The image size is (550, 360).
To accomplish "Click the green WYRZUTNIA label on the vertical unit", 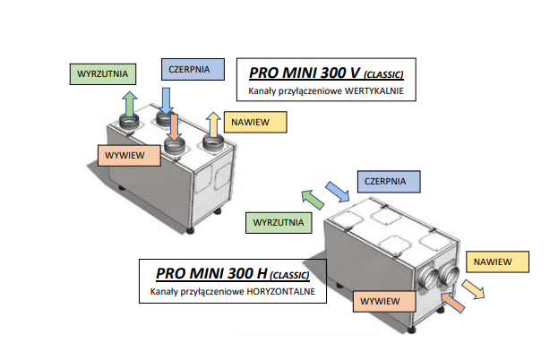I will pos(101,73).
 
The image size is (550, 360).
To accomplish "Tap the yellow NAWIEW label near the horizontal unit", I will pos(493,262).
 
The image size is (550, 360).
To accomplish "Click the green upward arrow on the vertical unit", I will pos(131,103).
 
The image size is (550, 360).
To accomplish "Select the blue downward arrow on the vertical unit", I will pos(167,100).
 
